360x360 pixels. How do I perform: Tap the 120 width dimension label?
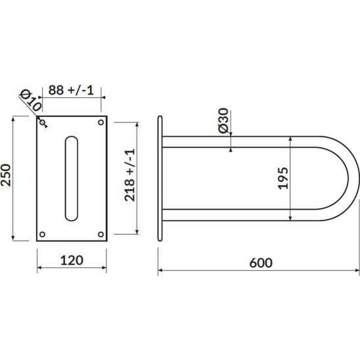coord(72,260)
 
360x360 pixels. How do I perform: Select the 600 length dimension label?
coord(261,263)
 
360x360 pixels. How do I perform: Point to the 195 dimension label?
coord(283,179)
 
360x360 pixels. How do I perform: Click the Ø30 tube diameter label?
coord(223,120)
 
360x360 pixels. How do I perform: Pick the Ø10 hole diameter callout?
coord(31,101)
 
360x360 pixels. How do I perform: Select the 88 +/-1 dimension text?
coord(71,90)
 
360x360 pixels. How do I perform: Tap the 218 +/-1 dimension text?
coord(129,175)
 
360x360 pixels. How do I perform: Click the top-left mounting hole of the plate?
coord(42,122)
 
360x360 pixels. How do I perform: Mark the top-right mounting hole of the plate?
coord(101,122)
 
